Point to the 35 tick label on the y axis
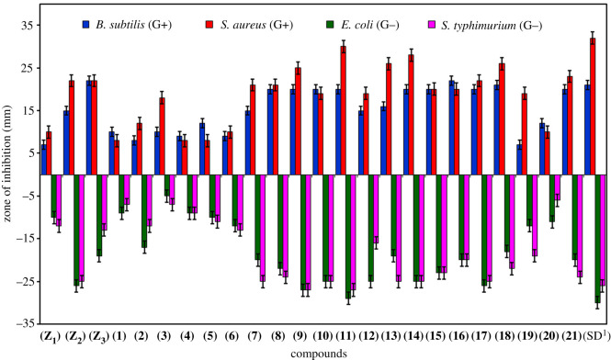click(x=25, y=25)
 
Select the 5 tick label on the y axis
click(x=28, y=153)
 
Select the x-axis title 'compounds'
click(x=319, y=352)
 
